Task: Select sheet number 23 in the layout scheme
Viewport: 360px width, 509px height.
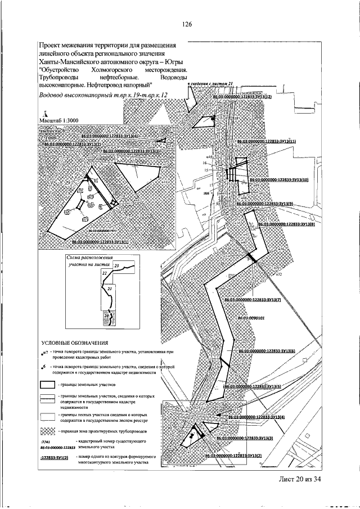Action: coord(117,264)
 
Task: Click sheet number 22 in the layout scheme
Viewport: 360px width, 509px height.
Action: coord(105,272)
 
